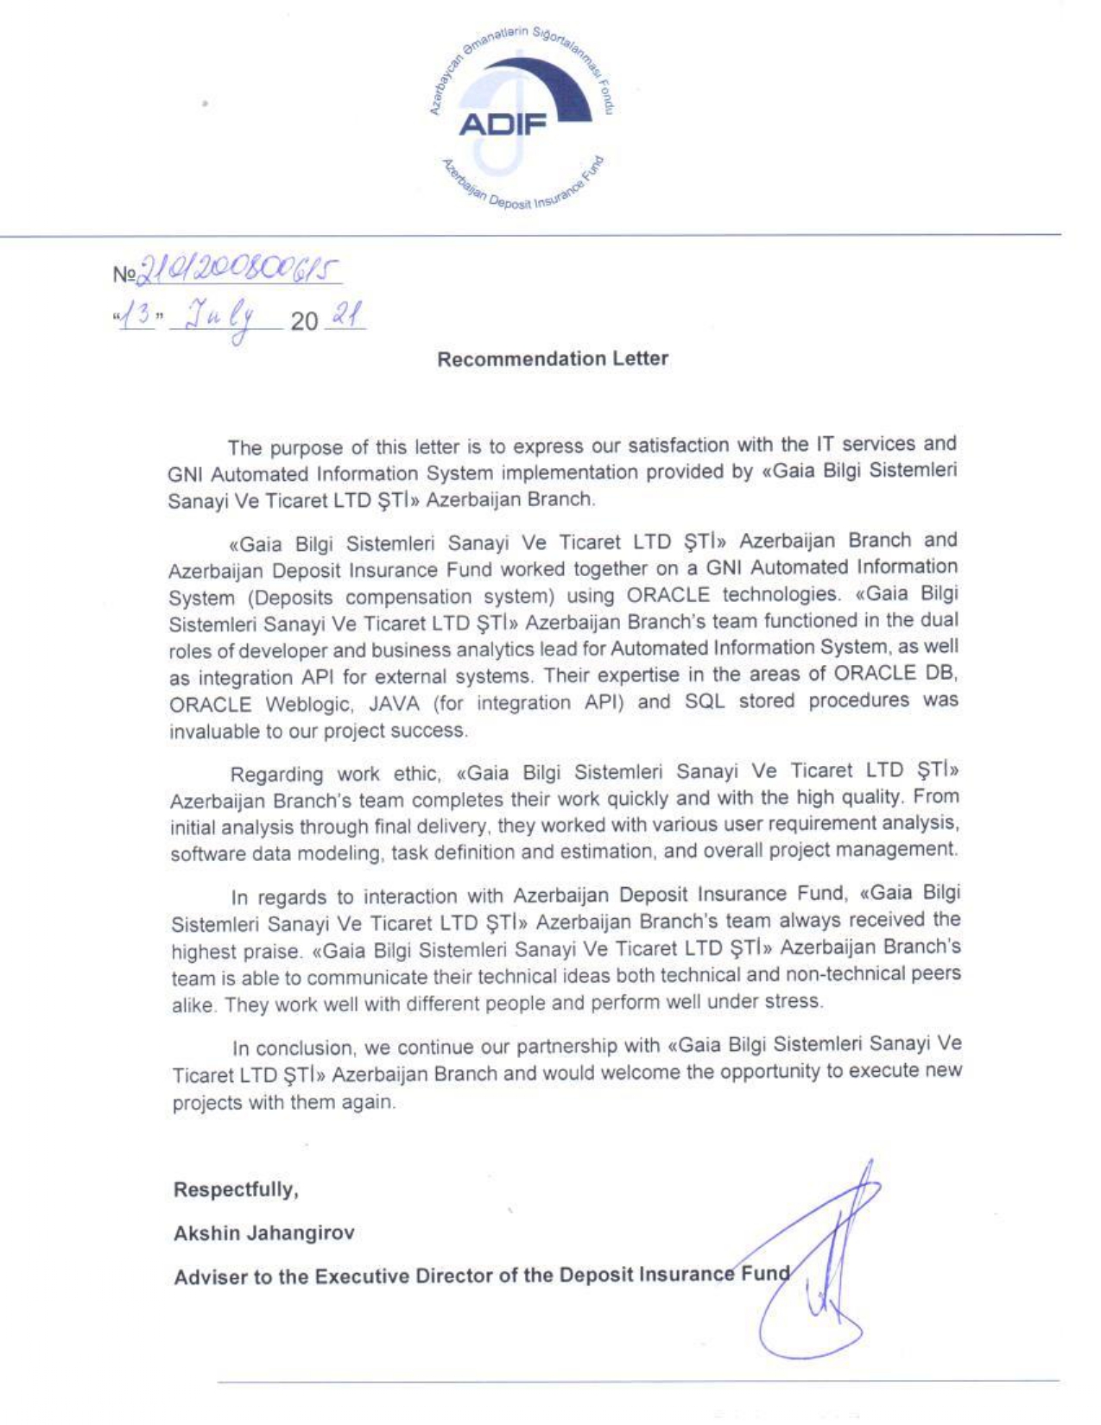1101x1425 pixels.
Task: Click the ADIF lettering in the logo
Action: (503, 126)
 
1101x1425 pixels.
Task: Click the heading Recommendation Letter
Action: (553, 359)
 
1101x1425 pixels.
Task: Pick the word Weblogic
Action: (307, 704)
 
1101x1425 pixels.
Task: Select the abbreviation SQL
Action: (704, 701)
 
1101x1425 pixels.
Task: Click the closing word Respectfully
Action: (236, 1190)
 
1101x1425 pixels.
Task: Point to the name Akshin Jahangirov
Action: (263, 1233)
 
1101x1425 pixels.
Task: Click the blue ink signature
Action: (825, 1270)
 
